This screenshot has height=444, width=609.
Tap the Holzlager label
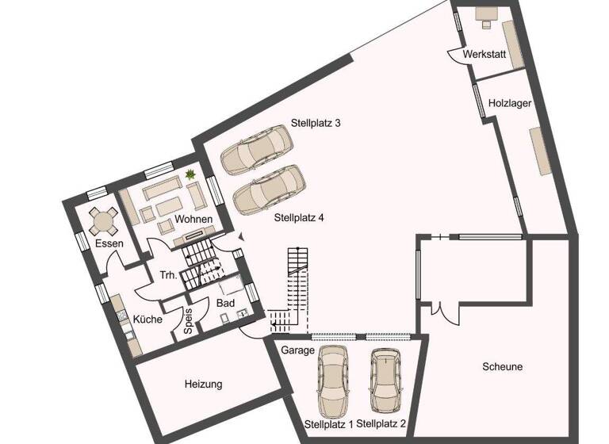click(x=509, y=103)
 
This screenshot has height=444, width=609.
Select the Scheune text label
click(x=502, y=366)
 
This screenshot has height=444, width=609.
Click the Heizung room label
click(x=203, y=384)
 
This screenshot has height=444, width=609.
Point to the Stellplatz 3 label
click(x=315, y=123)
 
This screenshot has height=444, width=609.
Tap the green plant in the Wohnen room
click(x=190, y=174)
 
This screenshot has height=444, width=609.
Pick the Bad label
click(x=225, y=303)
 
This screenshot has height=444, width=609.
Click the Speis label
click(x=189, y=321)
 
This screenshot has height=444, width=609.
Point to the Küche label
click(x=147, y=320)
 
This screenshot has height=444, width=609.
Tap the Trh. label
click(x=167, y=276)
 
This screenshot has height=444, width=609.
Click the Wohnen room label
click(x=193, y=219)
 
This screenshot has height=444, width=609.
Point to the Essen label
click(x=109, y=243)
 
